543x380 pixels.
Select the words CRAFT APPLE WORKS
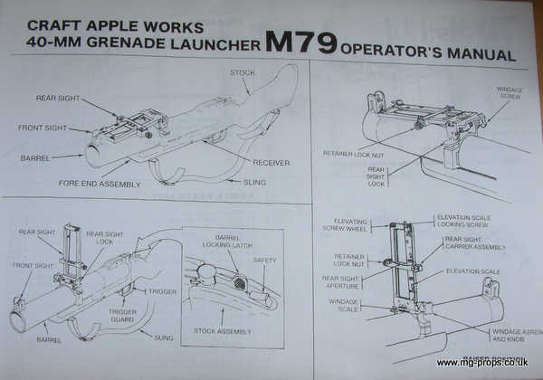click(x=102, y=23)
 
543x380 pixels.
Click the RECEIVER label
click(x=271, y=164)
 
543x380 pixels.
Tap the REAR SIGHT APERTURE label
click(x=343, y=282)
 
